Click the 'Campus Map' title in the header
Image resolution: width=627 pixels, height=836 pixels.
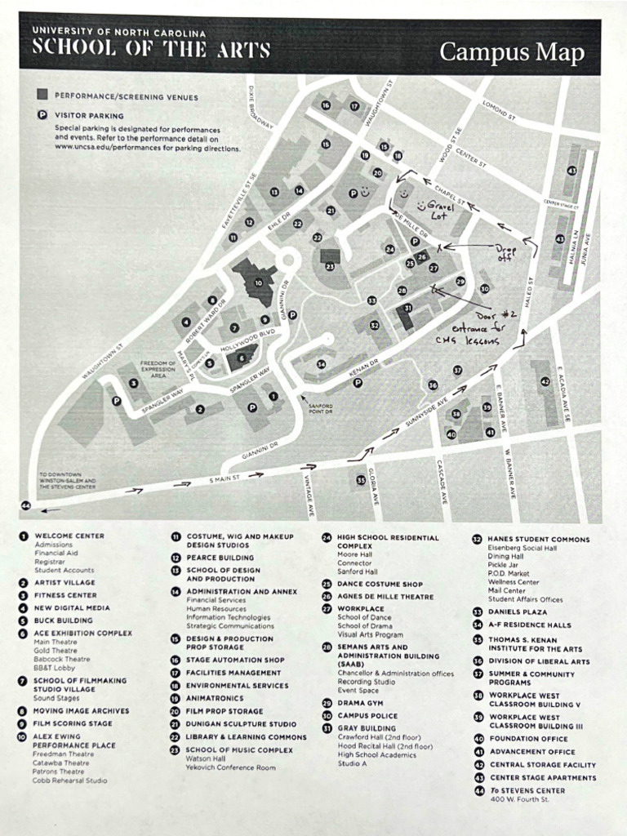(x=512, y=52)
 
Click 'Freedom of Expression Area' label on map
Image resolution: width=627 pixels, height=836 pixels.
(x=158, y=369)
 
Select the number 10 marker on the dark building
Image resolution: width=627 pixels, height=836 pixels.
(x=258, y=283)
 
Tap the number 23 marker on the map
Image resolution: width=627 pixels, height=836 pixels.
(x=330, y=266)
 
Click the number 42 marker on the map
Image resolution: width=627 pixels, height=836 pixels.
(x=545, y=381)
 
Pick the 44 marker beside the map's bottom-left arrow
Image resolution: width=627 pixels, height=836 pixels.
(x=26, y=506)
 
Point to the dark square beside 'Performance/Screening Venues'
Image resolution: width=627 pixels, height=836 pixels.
(x=42, y=96)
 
